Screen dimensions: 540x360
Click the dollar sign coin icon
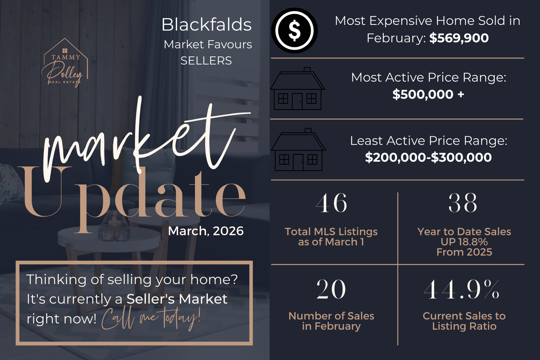[x=294, y=31]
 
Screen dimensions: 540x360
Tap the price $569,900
[x=459, y=38]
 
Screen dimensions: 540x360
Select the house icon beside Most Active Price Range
[x=297, y=88]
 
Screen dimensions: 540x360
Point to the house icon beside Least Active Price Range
[x=298, y=149]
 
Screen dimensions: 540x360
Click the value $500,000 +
[x=428, y=94]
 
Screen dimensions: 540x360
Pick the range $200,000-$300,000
[x=428, y=157]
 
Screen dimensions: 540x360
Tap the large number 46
[x=331, y=203]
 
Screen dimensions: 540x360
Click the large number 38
[x=463, y=203]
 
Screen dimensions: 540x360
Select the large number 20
[x=331, y=289]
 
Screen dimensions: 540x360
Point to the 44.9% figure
[x=461, y=289]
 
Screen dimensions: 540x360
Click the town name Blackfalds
[x=206, y=25]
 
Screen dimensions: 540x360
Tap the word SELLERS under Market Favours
[x=206, y=61]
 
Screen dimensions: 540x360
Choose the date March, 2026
[x=206, y=231]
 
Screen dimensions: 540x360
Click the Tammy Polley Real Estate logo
[x=65, y=62]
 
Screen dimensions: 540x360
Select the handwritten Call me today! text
[x=151, y=319]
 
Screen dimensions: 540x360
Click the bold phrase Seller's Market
[x=177, y=299]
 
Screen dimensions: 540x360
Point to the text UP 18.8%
[x=464, y=242]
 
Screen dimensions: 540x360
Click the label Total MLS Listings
[x=331, y=231]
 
